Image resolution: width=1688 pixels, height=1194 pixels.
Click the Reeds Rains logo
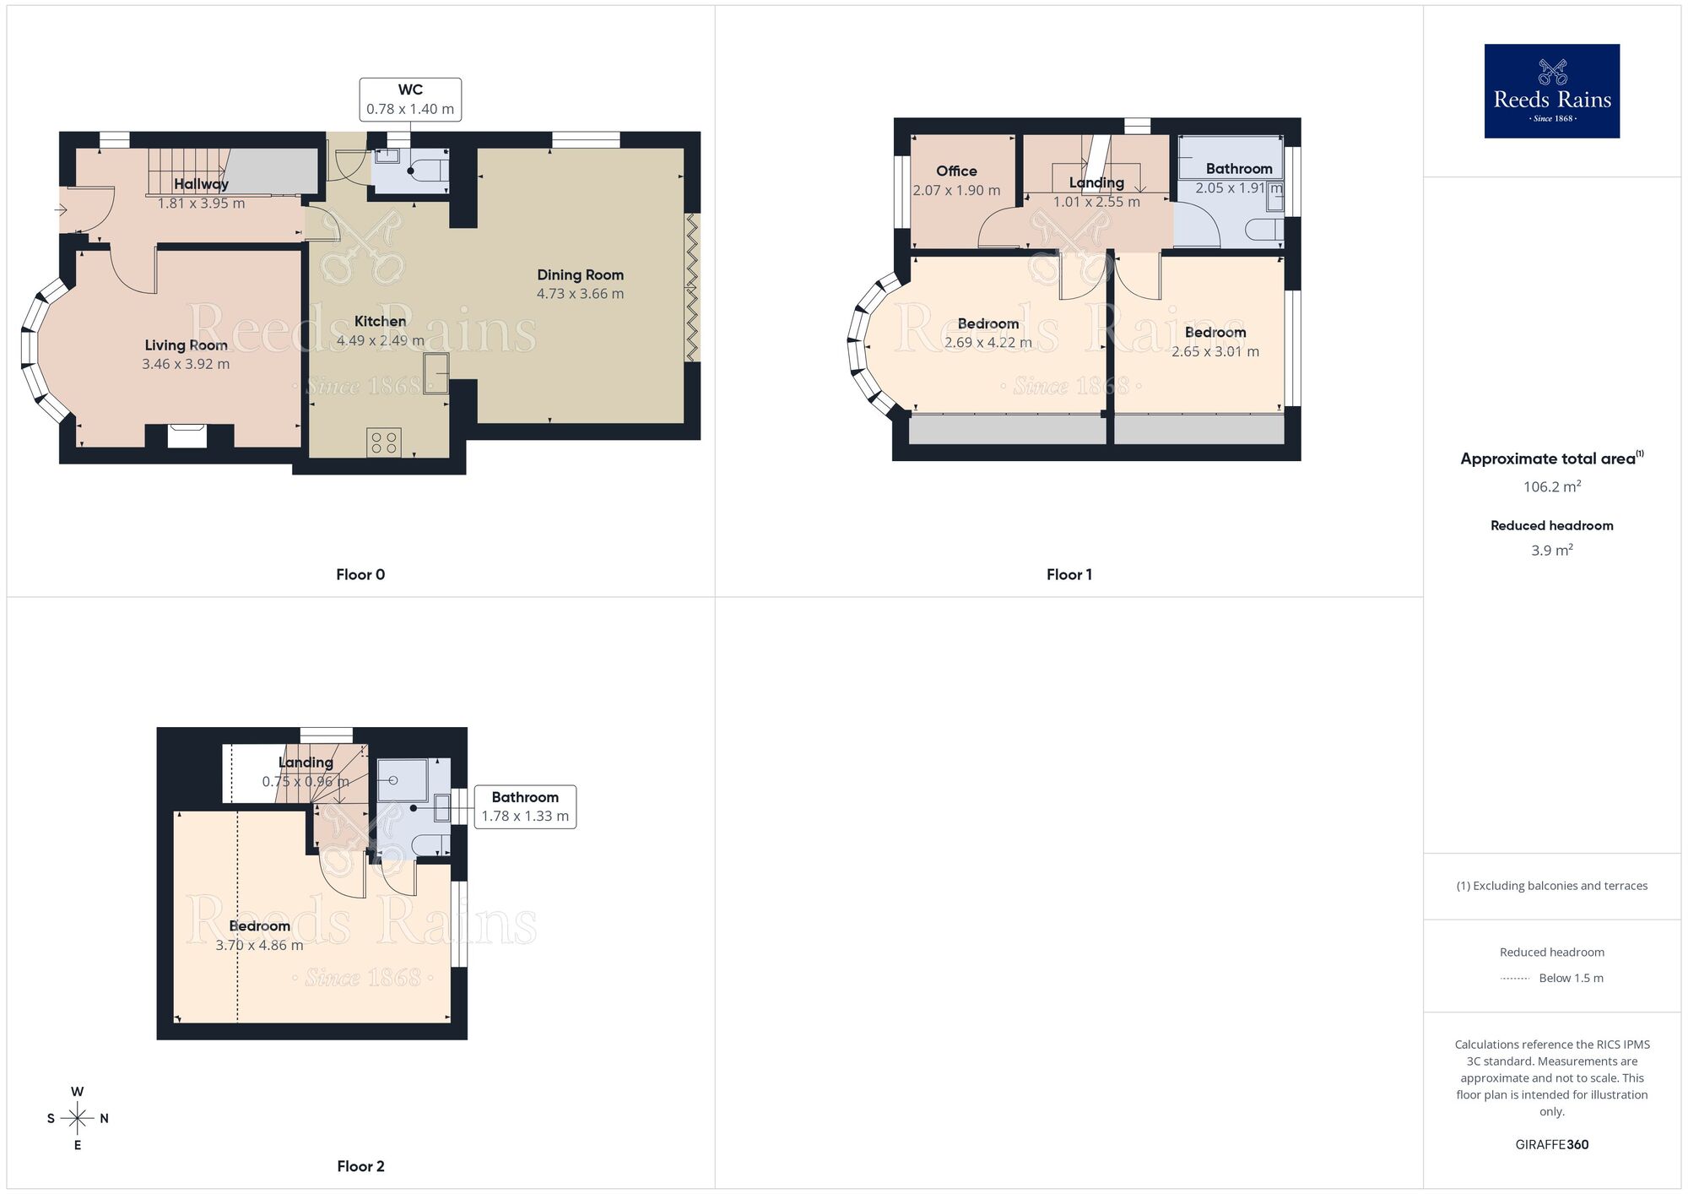(x=1551, y=91)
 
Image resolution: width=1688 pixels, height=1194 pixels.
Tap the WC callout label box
(x=410, y=100)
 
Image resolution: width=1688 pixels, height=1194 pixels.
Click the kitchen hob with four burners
(x=384, y=442)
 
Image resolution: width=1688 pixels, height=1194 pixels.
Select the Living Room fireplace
(x=187, y=436)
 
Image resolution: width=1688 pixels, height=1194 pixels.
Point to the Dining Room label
(x=580, y=274)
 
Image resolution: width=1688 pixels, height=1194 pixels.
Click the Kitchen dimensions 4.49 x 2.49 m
(x=381, y=340)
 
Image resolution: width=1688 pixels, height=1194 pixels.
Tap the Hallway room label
(x=201, y=184)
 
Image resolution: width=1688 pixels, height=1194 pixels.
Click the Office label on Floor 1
(x=956, y=171)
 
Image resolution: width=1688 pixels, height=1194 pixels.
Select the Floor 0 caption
(x=360, y=575)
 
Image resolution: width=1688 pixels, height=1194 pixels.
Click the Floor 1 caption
(x=1069, y=575)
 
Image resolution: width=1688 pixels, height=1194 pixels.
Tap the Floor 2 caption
(x=360, y=1167)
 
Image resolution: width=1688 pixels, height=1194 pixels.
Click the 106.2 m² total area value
(x=1551, y=486)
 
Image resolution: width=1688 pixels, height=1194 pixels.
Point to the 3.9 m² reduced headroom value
(x=1551, y=551)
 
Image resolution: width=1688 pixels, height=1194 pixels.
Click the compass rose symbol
(x=78, y=1119)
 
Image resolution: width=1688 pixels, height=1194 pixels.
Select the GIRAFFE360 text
(x=1551, y=1145)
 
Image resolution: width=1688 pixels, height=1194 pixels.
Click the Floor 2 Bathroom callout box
(x=525, y=806)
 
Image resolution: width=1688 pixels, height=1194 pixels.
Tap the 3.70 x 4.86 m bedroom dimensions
(x=259, y=946)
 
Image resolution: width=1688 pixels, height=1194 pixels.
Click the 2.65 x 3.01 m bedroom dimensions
(x=1215, y=352)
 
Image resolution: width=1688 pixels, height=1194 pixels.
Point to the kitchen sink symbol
(x=436, y=372)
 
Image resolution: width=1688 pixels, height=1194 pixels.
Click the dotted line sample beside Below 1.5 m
(x=1515, y=979)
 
